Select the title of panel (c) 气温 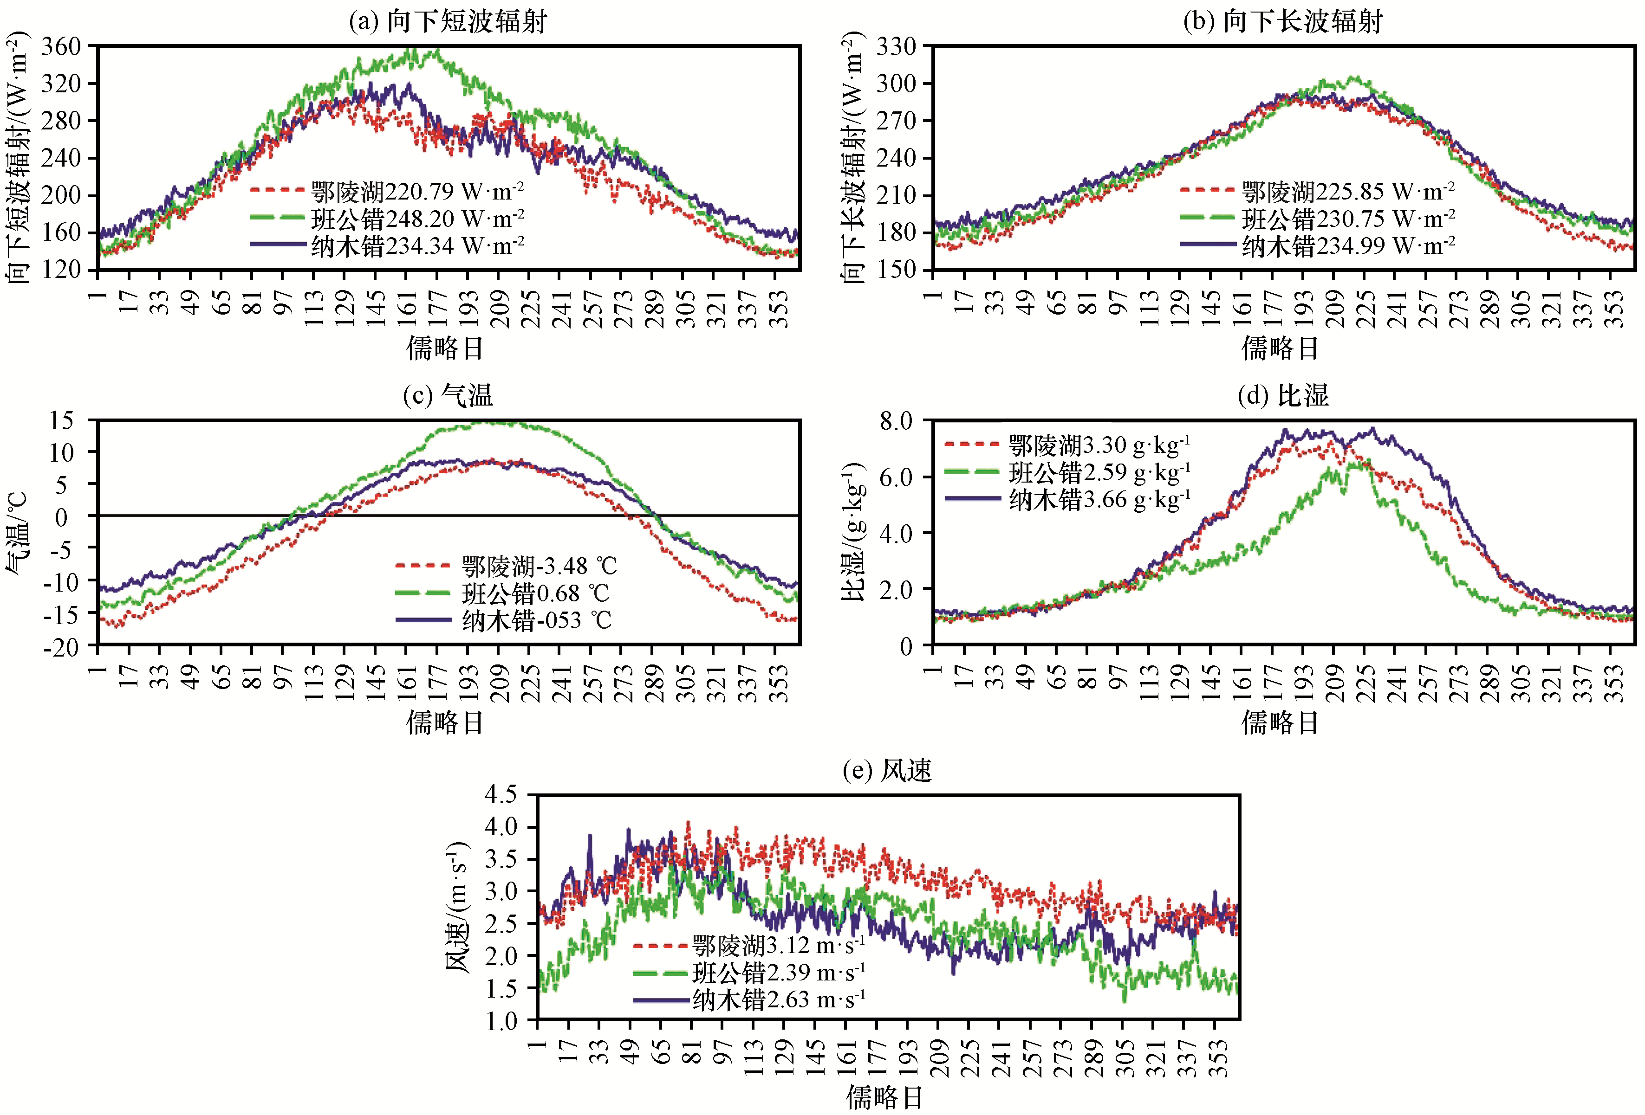448,395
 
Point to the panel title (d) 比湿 1283,395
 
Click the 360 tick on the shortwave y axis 62,47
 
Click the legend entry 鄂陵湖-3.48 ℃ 506,566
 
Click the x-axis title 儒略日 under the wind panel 884,1097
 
